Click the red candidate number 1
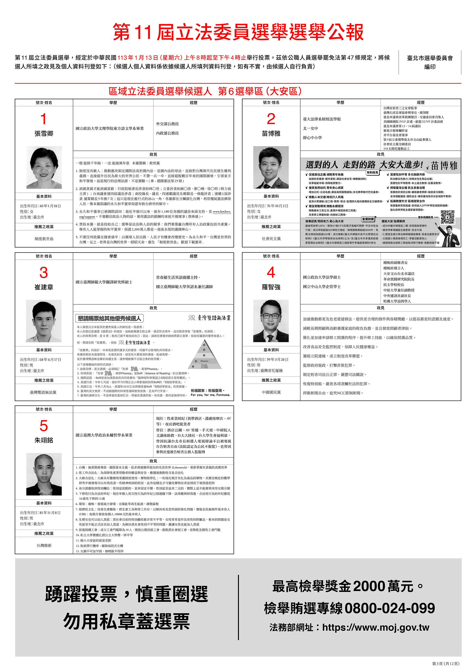(43, 119)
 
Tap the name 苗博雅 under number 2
(271, 133)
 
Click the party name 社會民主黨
(271, 239)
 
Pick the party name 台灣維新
(44, 545)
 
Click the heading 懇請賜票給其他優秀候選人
(109, 318)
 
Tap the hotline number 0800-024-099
(390, 608)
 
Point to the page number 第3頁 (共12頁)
(445, 663)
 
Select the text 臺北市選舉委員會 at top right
(430, 58)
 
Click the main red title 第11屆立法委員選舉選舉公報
(238, 32)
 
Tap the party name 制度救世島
(44, 239)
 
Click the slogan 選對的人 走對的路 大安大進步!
(364, 165)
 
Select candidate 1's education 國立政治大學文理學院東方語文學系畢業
(110, 128)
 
